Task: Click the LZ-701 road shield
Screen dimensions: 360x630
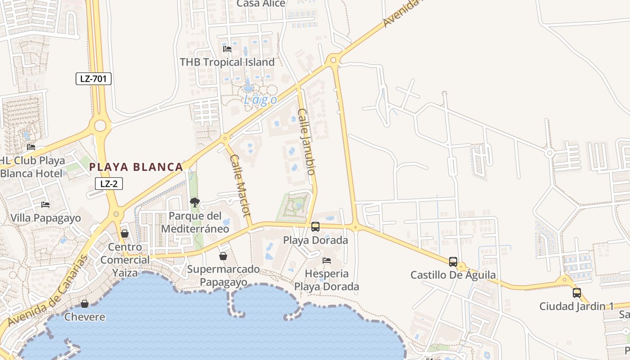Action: tap(93, 79)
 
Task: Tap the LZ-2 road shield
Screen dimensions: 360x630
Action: tap(108, 183)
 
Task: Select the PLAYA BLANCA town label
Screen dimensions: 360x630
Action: tap(136, 167)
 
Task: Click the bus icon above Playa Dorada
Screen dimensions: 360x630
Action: tap(315, 227)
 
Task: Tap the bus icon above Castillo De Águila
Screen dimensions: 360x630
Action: tap(453, 261)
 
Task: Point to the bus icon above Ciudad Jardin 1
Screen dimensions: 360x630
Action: tap(577, 293)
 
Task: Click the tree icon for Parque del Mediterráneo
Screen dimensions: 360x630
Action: tap(194, 202)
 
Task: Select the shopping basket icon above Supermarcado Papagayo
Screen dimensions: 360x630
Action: tap(223, 256)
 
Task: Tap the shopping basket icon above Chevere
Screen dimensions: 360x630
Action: tap(84, 304)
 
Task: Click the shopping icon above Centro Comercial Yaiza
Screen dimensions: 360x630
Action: tap(125, 234)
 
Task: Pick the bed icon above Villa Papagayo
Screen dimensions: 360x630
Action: tap(45, 205)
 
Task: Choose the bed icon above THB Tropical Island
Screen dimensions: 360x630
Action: tap(227, 49)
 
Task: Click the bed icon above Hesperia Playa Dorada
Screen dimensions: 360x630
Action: tap(327, 260)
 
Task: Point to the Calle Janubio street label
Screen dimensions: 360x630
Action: tap(306, 141)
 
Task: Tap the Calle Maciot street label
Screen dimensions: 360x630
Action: tap(240, 185)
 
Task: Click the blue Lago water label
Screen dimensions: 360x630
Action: tap(261, 99)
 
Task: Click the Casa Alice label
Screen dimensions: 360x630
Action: tap(261, 4)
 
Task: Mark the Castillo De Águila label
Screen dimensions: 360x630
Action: tap(453, 274)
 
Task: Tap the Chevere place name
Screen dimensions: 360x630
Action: tap(85, 317)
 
